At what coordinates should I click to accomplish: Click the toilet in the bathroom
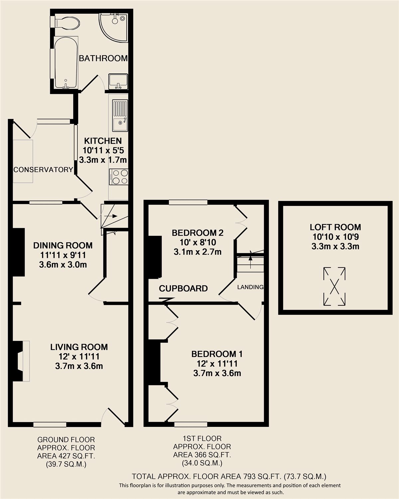click(x=67, y=23)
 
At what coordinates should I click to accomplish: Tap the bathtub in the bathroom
click(x=66, y=63)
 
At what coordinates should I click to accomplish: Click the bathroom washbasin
click(x=118, y=82)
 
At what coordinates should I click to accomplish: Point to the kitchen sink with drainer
click(x=120, y=115)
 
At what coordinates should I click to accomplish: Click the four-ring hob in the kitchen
click(x=118, y=177)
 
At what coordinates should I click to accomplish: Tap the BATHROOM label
click(x=103, y=58)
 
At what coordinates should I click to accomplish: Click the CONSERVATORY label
click(x=43, y=170)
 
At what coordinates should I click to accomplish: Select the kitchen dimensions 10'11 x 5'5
click(x=103, y=150)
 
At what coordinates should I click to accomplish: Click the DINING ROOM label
click(x=63, y=245)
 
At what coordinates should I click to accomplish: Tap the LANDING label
click(x=250, y=287)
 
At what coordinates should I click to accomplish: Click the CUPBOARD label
click(x=183, y=288)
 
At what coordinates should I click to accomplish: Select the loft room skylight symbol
click(x=334, y=286)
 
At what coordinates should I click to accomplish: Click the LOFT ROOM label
click(x=335, y=227)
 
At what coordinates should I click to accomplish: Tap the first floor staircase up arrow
click(x=250, y=259)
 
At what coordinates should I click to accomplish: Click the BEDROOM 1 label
click(x=217, y=354)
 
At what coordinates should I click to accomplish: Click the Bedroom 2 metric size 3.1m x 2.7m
click(x=198, y=252)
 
